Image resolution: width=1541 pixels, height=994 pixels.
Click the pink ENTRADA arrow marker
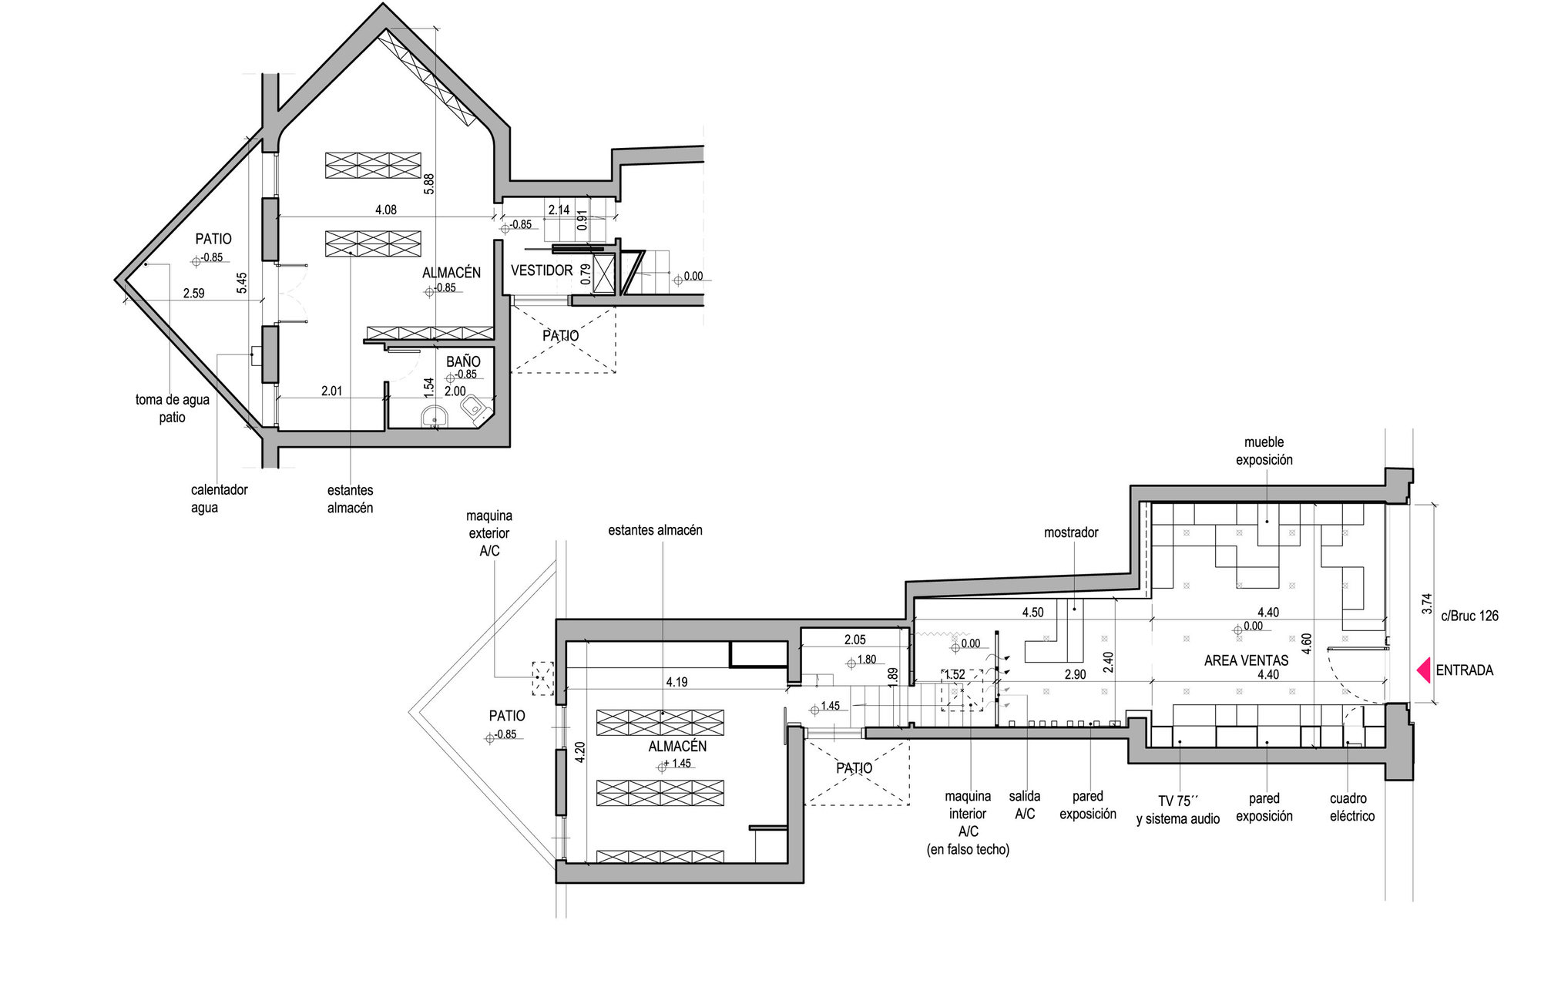tap(1424, 670)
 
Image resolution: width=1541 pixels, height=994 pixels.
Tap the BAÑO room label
tap(463, 361)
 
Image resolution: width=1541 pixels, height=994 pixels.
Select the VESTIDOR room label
tap(542, 270)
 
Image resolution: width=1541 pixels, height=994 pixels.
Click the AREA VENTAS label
tap(1246, 660)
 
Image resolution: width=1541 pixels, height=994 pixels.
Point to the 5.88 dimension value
tap(429, 183)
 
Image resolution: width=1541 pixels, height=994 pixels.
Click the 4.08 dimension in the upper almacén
tap(386, 210)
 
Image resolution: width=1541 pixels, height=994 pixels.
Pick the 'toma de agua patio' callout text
tap(173, 408)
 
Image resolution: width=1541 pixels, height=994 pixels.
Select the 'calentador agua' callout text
tap(219, 499)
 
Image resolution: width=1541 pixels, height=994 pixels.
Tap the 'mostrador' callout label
tap(1071, 532)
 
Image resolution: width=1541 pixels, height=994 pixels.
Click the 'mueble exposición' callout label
tap(1264, 451)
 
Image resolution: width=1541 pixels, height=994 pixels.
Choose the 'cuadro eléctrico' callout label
tap(1352, 807)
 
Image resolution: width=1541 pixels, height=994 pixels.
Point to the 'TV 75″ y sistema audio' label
tap(1178, 810)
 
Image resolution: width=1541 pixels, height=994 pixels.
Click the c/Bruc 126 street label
tap(1469, 616)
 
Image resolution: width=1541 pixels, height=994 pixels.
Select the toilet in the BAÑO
tap(473, 408)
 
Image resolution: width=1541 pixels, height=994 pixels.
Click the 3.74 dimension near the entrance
tap(1426, 603)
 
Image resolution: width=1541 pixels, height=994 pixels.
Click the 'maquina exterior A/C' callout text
tap(489, 532)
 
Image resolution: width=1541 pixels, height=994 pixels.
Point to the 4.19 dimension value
tap(676, 682)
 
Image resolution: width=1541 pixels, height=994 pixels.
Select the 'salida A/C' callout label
tap(1025, 804)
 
